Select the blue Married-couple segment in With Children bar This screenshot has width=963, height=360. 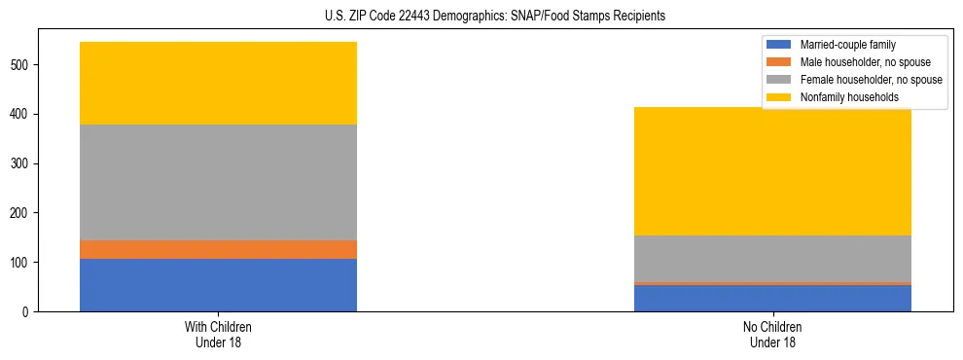click(218, 285)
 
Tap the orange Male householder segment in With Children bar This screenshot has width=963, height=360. click(218, 249)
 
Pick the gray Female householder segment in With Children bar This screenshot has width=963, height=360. click(218, 182)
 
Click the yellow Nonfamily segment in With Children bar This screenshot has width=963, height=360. click(218, 84)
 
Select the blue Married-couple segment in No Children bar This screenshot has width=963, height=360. click(772, 298)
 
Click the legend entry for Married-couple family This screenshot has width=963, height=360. click(847, 45)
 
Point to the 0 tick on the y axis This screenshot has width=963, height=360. click(27, 312)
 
